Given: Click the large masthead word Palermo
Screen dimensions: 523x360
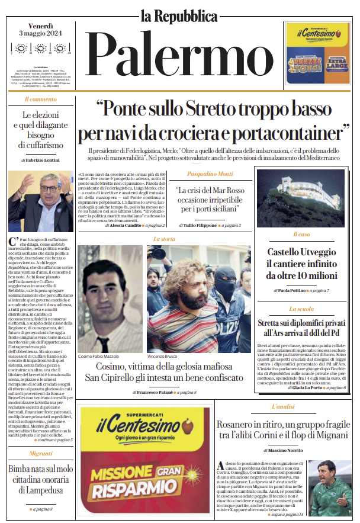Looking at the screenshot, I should [x=179, y=54].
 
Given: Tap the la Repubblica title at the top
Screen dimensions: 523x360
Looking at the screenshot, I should [x=179, y=15].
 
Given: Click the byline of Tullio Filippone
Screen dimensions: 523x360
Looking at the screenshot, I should [x=199, y=226].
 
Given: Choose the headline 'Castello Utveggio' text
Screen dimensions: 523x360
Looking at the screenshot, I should [x=302, y=253].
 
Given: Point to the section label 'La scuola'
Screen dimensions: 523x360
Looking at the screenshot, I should [x=301, y=309].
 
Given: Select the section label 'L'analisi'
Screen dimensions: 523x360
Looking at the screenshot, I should [x=283, y=408].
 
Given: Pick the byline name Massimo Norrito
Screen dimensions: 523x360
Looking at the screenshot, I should [x=285, y=451].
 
